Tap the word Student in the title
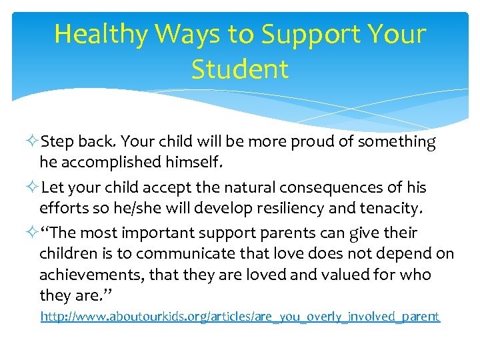pos(240,69)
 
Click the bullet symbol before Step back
pos(33,142)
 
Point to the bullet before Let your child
pos(33,188)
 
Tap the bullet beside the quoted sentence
pos(33,233)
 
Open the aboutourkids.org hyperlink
pos(240,316)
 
